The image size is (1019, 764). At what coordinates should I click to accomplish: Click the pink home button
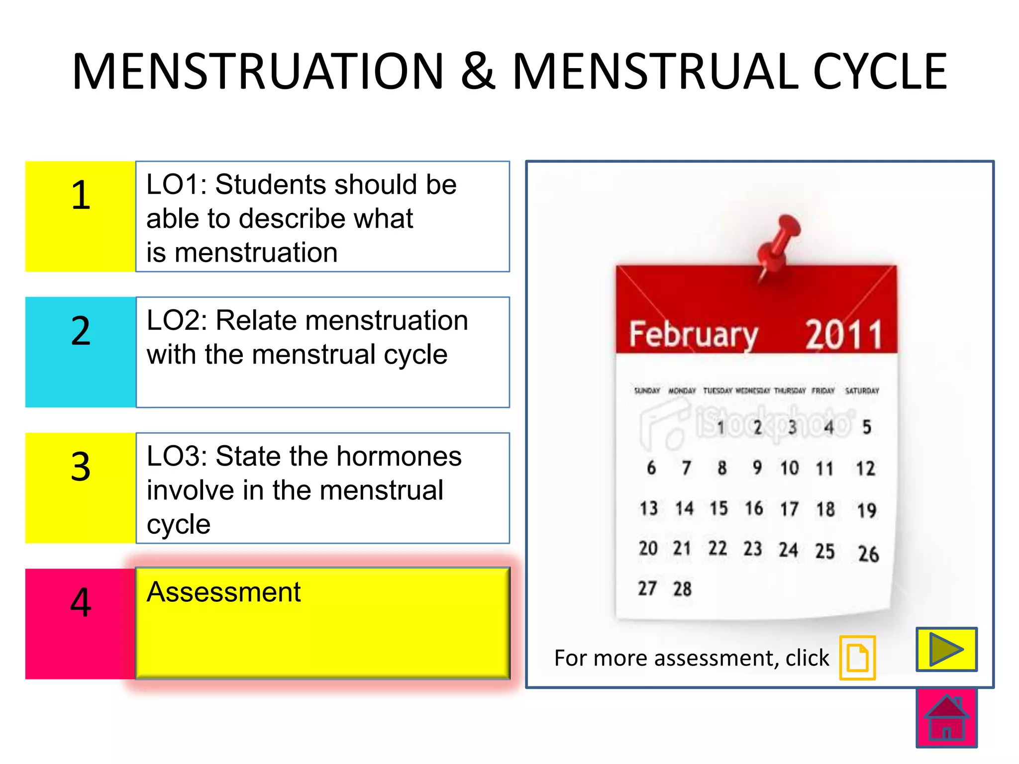coord(946,718)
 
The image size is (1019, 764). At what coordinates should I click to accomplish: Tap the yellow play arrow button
coord(946,649)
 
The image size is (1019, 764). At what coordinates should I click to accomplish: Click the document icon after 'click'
coord(857,658)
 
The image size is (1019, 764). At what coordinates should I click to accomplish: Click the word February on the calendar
coord(693,334)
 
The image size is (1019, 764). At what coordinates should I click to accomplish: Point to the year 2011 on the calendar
coord(844,334)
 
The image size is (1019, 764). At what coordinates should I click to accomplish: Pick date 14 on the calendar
coord(684,508)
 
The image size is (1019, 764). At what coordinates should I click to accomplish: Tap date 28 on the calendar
coord(682,589)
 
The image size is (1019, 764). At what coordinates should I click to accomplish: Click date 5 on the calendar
coord(867,427)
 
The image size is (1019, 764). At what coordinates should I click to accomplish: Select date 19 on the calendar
coord(866,510)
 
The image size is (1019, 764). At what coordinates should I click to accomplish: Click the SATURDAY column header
coord(862,391)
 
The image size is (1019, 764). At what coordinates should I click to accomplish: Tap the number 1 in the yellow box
coord(81,195)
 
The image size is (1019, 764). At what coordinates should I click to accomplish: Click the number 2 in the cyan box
coord(81,331)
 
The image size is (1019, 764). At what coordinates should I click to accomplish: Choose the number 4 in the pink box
coord(81,602)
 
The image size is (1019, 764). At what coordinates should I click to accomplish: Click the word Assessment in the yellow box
coord(223,592)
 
